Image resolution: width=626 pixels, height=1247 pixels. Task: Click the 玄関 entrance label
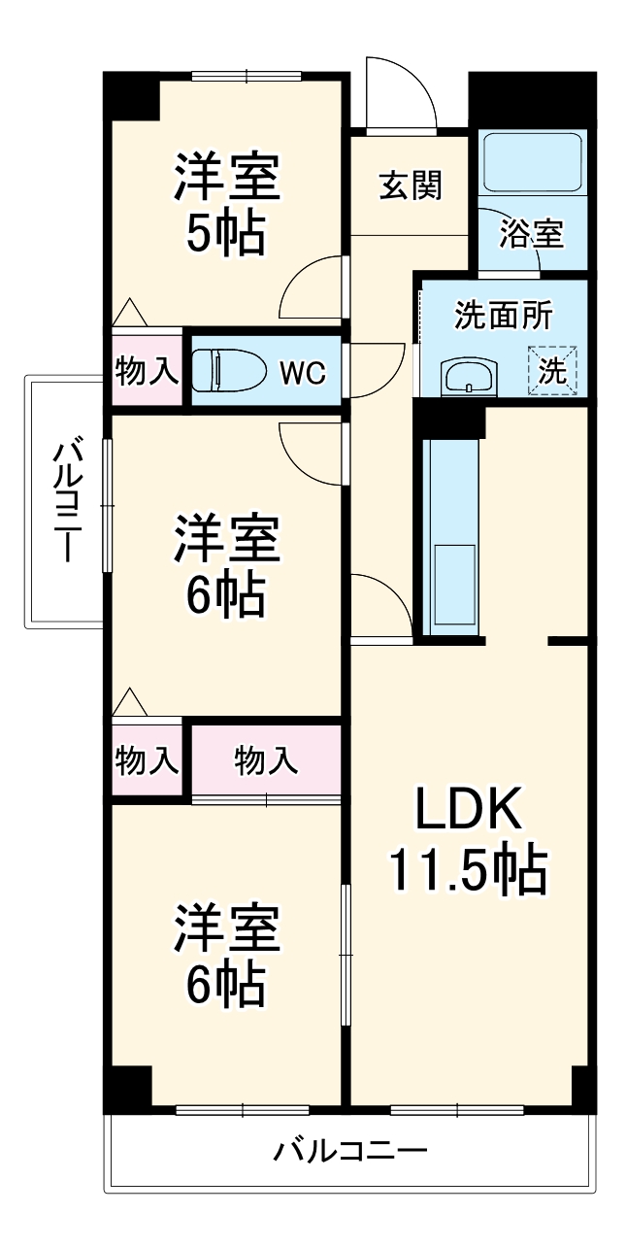pyautogui.click(x=410, y=185)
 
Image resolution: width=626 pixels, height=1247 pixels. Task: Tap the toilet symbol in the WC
pyautogui.click(x=229, y=370)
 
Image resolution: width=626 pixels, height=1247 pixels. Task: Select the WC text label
pyautogui.click(x=304, y=372)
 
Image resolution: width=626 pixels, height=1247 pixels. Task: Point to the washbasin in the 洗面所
pyautogui.click(x=469, y=377)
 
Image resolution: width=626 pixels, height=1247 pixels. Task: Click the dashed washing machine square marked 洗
pyautogui.click(x=552, y=369)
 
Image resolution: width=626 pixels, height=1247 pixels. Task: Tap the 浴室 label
pyautogui.click(x=531, y=233)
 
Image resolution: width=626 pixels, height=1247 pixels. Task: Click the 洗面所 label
pyautogui.click(x=504, y=316)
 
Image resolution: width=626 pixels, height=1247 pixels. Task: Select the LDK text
pyautogui.click(x=469, y=809)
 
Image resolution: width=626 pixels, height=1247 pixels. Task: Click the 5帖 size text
pyautogui.click(x=226, y=234)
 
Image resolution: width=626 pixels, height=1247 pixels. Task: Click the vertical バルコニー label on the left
pyautogui.click(x=65, y=500)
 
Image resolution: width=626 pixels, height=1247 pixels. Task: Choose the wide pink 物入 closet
pyautogui.click(x=266, y=759)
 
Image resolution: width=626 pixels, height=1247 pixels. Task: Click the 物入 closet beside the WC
pyautogui.click(x=147, y=370)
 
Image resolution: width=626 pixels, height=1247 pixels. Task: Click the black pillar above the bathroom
pyautogui.click(x=531, y=98)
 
